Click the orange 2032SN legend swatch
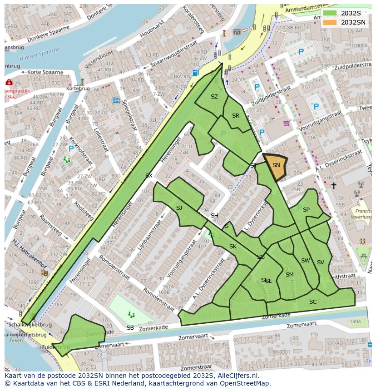(330, 22)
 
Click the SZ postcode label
(214, 97)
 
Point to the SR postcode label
(235, 116)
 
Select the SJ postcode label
(179, 208)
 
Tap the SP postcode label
(306, 210)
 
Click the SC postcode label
(313, 302)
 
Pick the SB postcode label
(130, 328)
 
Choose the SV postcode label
(321, 262)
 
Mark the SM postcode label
(289, 275)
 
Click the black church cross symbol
(334, 186)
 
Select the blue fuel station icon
(195, 72)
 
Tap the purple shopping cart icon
(286, 123)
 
